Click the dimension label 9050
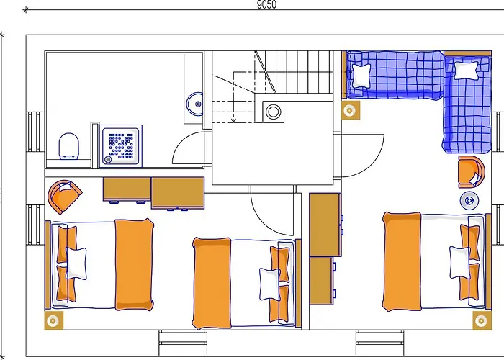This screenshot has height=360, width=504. pyautogui.click(x=266, y=4)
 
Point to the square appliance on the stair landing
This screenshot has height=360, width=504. pyautogui.click(x=274, y=112)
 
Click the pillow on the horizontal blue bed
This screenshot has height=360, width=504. pyautogui.click(x=360, y=74)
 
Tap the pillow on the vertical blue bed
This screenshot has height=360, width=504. pyautogui.click(x=466, y=70)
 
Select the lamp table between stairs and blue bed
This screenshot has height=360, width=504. pyautogui.click(x=350, y=110)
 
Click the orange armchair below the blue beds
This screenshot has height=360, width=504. pyautogui.click(x=470, y=171)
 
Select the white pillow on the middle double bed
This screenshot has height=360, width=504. pyautogui.click(x=269, y=283)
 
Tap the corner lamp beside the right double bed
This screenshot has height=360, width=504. pyautogui.click(x=478, y=319)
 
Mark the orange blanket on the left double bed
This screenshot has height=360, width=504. pyautogui.click(x=135, y=264)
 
